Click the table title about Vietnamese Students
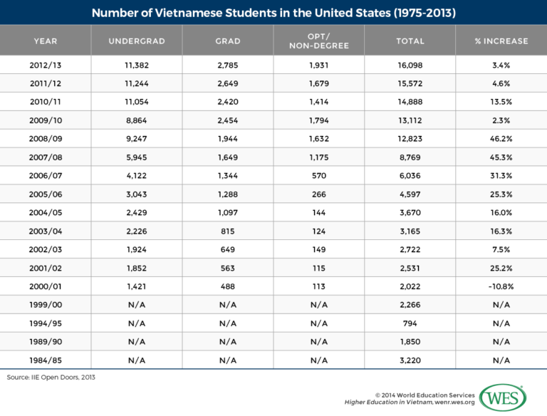click(x=273, y=13)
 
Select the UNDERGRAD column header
click(x=136, y=41)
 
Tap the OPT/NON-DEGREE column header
click(x=318, y=41)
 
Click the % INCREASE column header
click(x=501, y=41)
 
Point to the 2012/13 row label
click(x=46, y=64)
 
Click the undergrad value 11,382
click(x=136, y=64)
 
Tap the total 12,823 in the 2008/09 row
click(x=410, y=139)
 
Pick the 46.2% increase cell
click(x=501, y=139)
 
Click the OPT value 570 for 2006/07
click(x=318, y=176)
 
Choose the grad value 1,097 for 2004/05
click(x=227, y=213)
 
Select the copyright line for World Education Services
click(x=424, y=394)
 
